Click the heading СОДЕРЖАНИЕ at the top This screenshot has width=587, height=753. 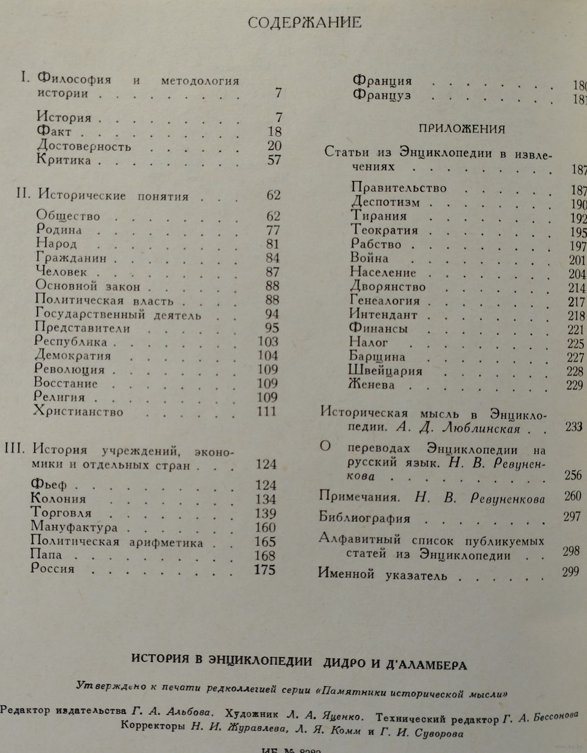(x=305, y=23)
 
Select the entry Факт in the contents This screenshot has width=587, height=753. (x=54, y=132)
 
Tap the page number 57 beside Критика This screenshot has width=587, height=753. (x=274, y=160)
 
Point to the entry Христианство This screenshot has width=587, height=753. (x=79, y=412)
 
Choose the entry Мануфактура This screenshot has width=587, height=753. (x=74, y=527)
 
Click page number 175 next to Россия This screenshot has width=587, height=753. (x=265, y=569)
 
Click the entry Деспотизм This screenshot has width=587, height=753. (x=386, y=202)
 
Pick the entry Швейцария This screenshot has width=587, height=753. (x=386, y=371)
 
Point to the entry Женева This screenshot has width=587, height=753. (x=372, y=386)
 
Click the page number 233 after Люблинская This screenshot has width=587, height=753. (x=573, y=427)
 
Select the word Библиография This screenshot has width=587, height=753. (x=364, y=518)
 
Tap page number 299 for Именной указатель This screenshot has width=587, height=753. (x=570, y=571)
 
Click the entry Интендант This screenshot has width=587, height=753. (x=383, y=315)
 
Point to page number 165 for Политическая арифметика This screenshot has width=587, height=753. (x=265, y=542)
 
